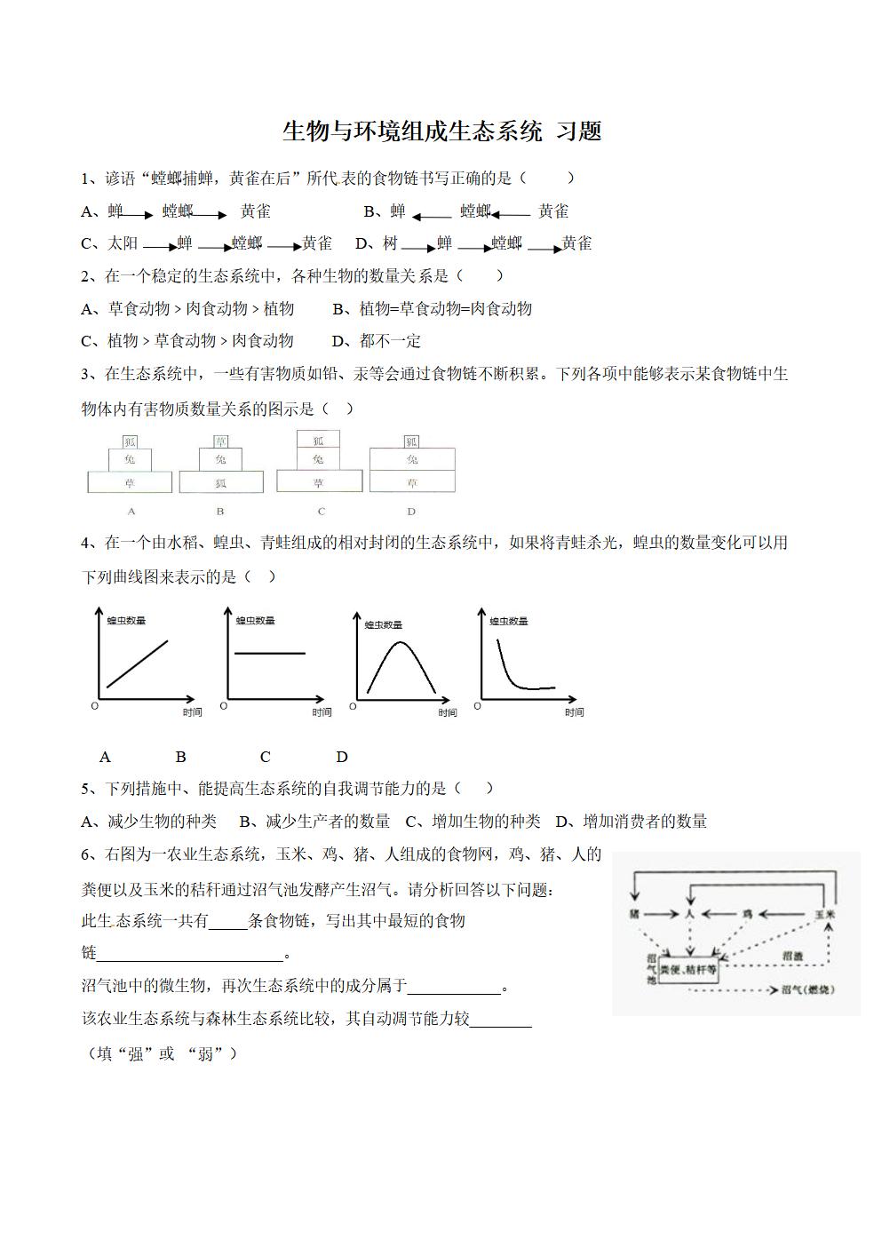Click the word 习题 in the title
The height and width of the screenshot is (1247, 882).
pos(578,131)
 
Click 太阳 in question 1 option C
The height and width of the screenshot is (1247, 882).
pos(123,243)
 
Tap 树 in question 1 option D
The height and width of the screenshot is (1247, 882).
pos(390,243)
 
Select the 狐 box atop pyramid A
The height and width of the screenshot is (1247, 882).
pos(130,441)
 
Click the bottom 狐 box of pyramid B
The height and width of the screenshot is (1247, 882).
pos(221,483)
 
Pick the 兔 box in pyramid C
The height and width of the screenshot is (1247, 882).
pos(319,459)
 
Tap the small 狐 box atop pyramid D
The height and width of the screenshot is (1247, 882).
pos(411,441)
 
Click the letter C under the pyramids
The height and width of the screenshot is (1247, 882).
pos(322,512)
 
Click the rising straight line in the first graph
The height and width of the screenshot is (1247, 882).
pos(138,663)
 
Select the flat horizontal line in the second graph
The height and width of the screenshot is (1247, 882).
pos(269,654)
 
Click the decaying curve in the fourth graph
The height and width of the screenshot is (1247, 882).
pos(511,677)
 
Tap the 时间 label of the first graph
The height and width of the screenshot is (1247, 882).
pos(192,712)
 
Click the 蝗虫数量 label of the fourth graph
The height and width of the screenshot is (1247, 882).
pos(509,622)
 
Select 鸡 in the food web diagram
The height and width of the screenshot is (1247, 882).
pos(748,914)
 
